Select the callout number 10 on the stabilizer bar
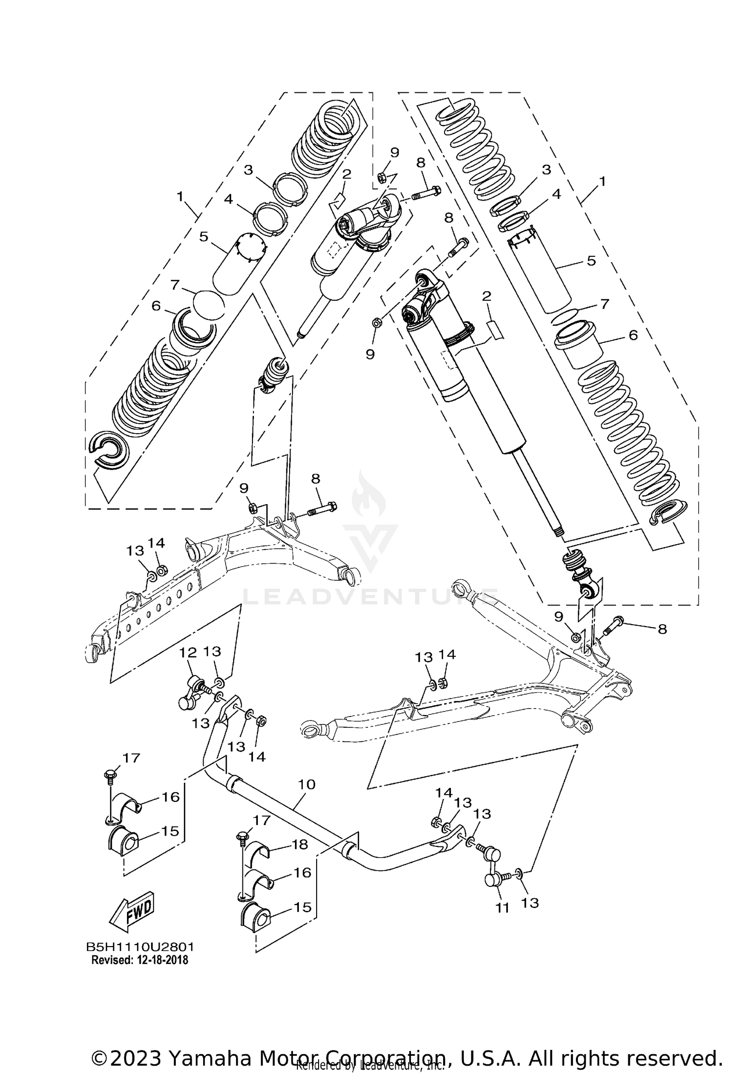pyautogui.click(x=306, y=784)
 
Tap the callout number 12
pyautogui.click(x=188, y=652)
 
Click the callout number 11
pyautogui.click(x=502, y=908)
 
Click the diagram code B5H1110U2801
pyautogui.click(x=140, y=947)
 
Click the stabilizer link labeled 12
pyautogui.click(x=193, y=692)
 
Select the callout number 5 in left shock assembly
pyautogui.click(x=204, y=237)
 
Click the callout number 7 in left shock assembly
pyautogui.click(x=173, y=285)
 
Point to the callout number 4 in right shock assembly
pyautogui.click(x=556, y=194)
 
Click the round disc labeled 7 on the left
pyautogui.click(x=209, y=305)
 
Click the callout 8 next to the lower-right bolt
pyautogui.click(x=662, y=629)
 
